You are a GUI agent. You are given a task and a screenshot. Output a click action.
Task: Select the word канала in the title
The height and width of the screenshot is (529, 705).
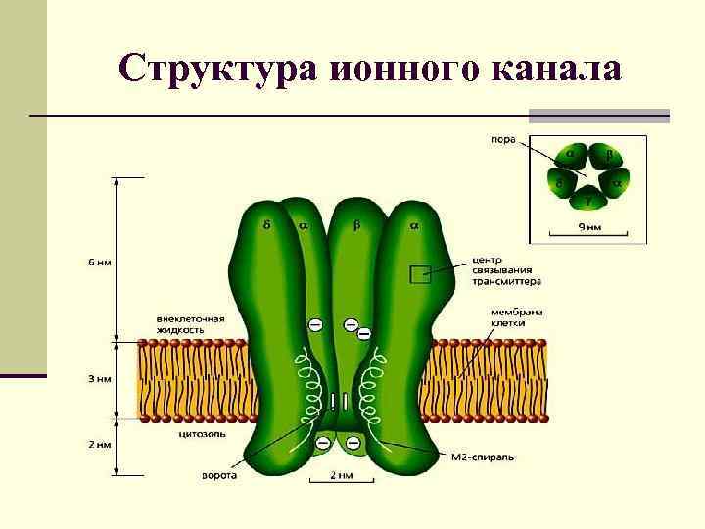(555, 69)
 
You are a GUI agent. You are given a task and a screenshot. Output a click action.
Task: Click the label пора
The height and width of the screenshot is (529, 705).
(502, 139)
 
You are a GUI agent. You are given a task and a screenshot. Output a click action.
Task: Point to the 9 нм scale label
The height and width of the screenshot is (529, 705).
(587, 227)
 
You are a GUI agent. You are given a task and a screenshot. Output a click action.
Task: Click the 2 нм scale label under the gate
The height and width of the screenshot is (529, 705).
(339, 476)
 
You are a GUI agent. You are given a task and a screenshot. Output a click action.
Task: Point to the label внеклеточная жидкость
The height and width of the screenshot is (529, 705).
(190, 324)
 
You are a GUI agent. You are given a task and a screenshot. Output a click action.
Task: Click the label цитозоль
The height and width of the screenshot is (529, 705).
(202, 432)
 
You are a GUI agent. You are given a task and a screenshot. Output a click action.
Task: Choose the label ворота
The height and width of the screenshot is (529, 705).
(217, 476)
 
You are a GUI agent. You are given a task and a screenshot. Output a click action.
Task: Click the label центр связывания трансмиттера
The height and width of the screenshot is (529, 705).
(506, 270)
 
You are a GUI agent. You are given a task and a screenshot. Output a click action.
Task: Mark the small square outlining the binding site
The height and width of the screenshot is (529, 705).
(419, 274)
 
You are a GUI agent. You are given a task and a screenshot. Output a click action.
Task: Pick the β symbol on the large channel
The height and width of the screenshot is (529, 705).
(356, 225)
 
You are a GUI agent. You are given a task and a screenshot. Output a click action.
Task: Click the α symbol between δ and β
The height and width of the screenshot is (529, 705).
(303, 225)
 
